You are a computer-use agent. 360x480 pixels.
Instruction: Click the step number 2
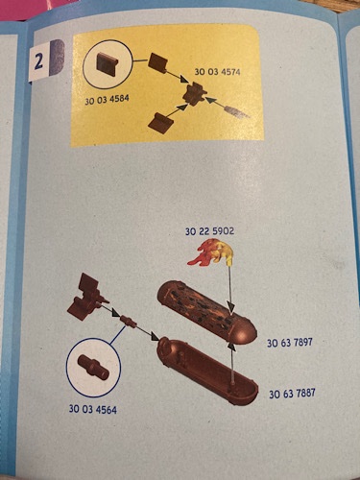38,61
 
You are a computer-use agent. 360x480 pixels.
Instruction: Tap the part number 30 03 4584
107,100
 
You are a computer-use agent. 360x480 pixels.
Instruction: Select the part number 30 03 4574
217,72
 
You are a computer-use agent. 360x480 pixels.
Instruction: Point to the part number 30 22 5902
209,231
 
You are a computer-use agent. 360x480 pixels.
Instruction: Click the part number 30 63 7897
290,343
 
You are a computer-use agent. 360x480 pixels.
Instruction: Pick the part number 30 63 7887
292,394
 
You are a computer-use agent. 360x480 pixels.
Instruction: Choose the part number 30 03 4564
93,409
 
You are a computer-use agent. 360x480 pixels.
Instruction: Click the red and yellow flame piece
211,254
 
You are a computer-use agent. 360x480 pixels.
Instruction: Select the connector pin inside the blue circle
93,367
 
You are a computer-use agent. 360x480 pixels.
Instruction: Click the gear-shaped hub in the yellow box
194,93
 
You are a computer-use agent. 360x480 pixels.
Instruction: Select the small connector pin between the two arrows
128,322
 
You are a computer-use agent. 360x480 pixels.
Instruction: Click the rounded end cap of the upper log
245,333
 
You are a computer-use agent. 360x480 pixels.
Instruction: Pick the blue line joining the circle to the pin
117,335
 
